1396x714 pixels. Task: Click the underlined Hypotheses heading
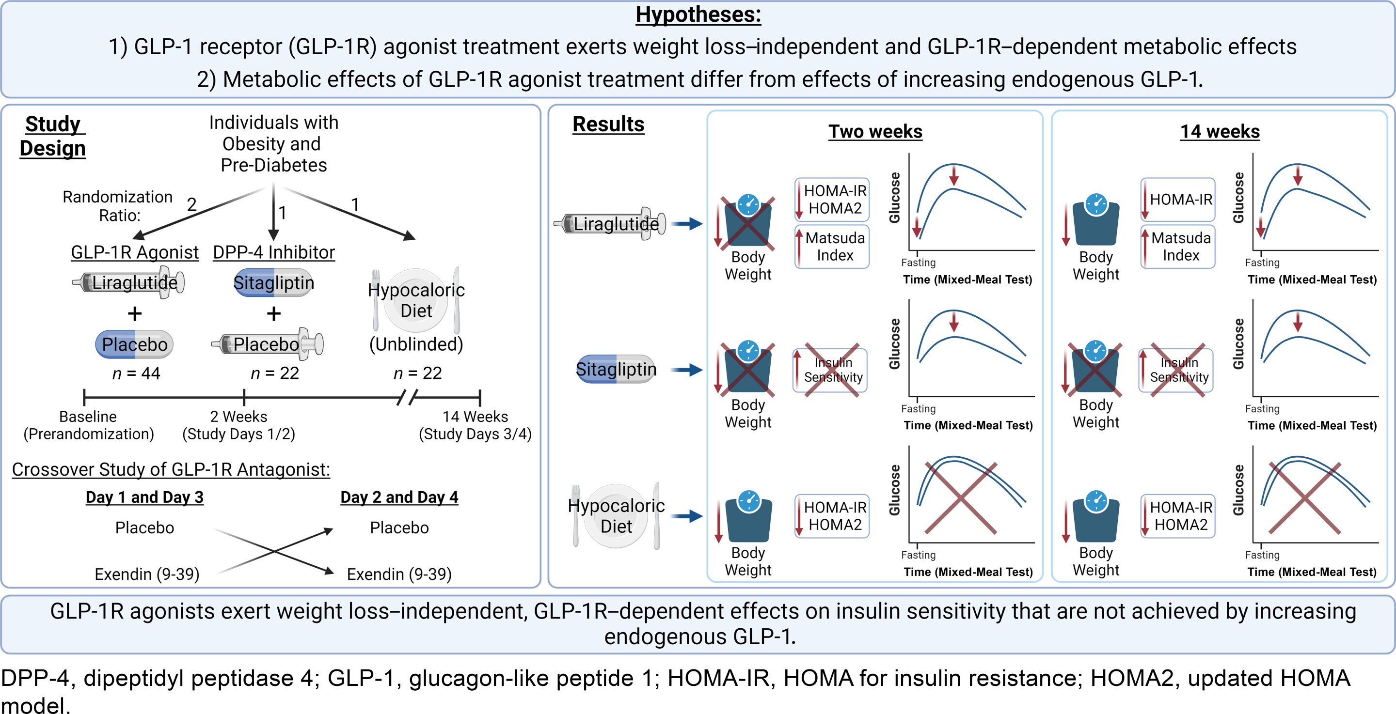698,15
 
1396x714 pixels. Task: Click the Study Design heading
52,136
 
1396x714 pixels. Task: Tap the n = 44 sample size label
136,373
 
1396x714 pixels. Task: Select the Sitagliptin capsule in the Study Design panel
274,283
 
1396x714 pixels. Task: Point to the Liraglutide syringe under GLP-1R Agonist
129,282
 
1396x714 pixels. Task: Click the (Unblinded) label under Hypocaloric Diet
416,344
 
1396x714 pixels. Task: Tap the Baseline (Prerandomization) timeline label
88,425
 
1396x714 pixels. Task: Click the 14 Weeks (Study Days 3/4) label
475,425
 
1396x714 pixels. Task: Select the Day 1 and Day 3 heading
145,497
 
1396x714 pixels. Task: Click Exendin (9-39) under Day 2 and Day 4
399,574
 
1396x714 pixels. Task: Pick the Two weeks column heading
875,132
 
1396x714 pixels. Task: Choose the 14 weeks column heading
1220,132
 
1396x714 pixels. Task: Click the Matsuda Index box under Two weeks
832,247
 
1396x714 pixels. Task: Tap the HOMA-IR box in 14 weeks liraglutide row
1177,200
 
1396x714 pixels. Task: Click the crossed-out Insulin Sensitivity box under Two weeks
830,370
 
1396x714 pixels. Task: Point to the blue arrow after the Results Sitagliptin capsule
687,370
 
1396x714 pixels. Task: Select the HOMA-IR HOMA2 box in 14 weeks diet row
1177,516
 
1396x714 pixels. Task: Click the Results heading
608,124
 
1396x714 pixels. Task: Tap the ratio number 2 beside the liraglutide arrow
192,204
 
